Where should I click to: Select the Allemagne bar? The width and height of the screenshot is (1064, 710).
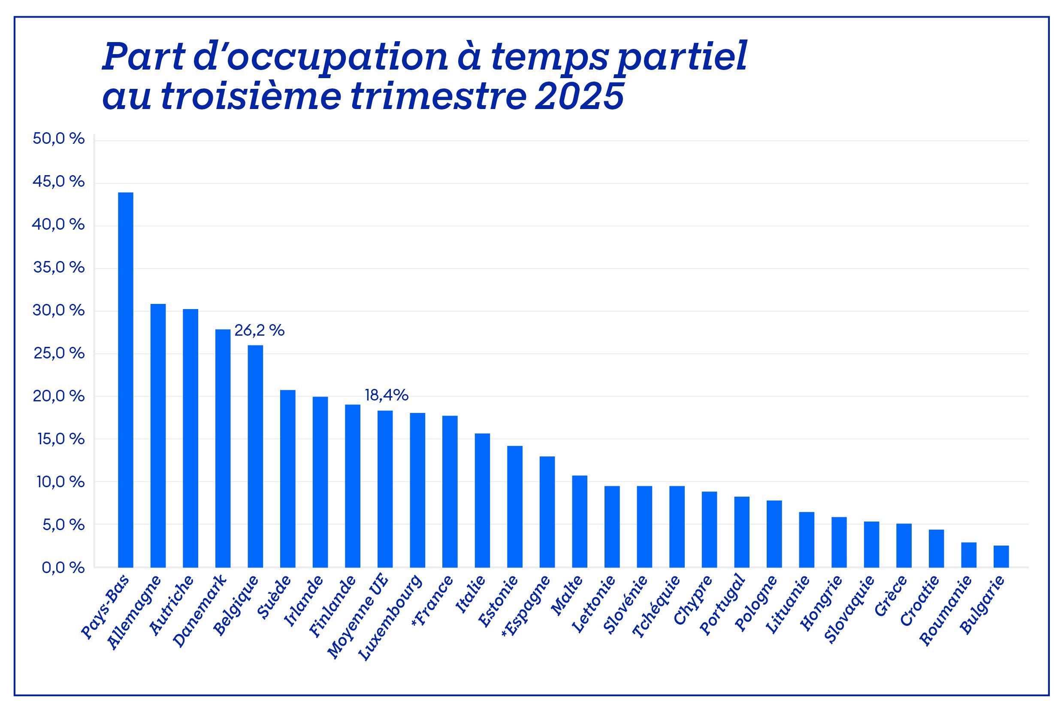[x=158, y=435]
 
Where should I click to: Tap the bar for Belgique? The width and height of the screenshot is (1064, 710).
[x=255, y=456]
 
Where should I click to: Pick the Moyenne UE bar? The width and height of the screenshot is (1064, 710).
[x=385, y=489]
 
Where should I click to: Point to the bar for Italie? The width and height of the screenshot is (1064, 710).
[x=482, y=500]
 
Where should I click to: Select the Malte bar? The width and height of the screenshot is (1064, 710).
[x=580, y=521]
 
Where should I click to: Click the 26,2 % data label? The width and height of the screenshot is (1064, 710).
[x=259, y=331]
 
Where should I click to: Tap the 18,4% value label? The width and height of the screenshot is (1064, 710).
[x=387, y=395]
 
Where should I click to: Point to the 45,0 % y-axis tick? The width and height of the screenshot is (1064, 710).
[x=58, y=182]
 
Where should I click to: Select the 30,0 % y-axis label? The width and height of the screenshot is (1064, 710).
[x=58, y=311]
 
